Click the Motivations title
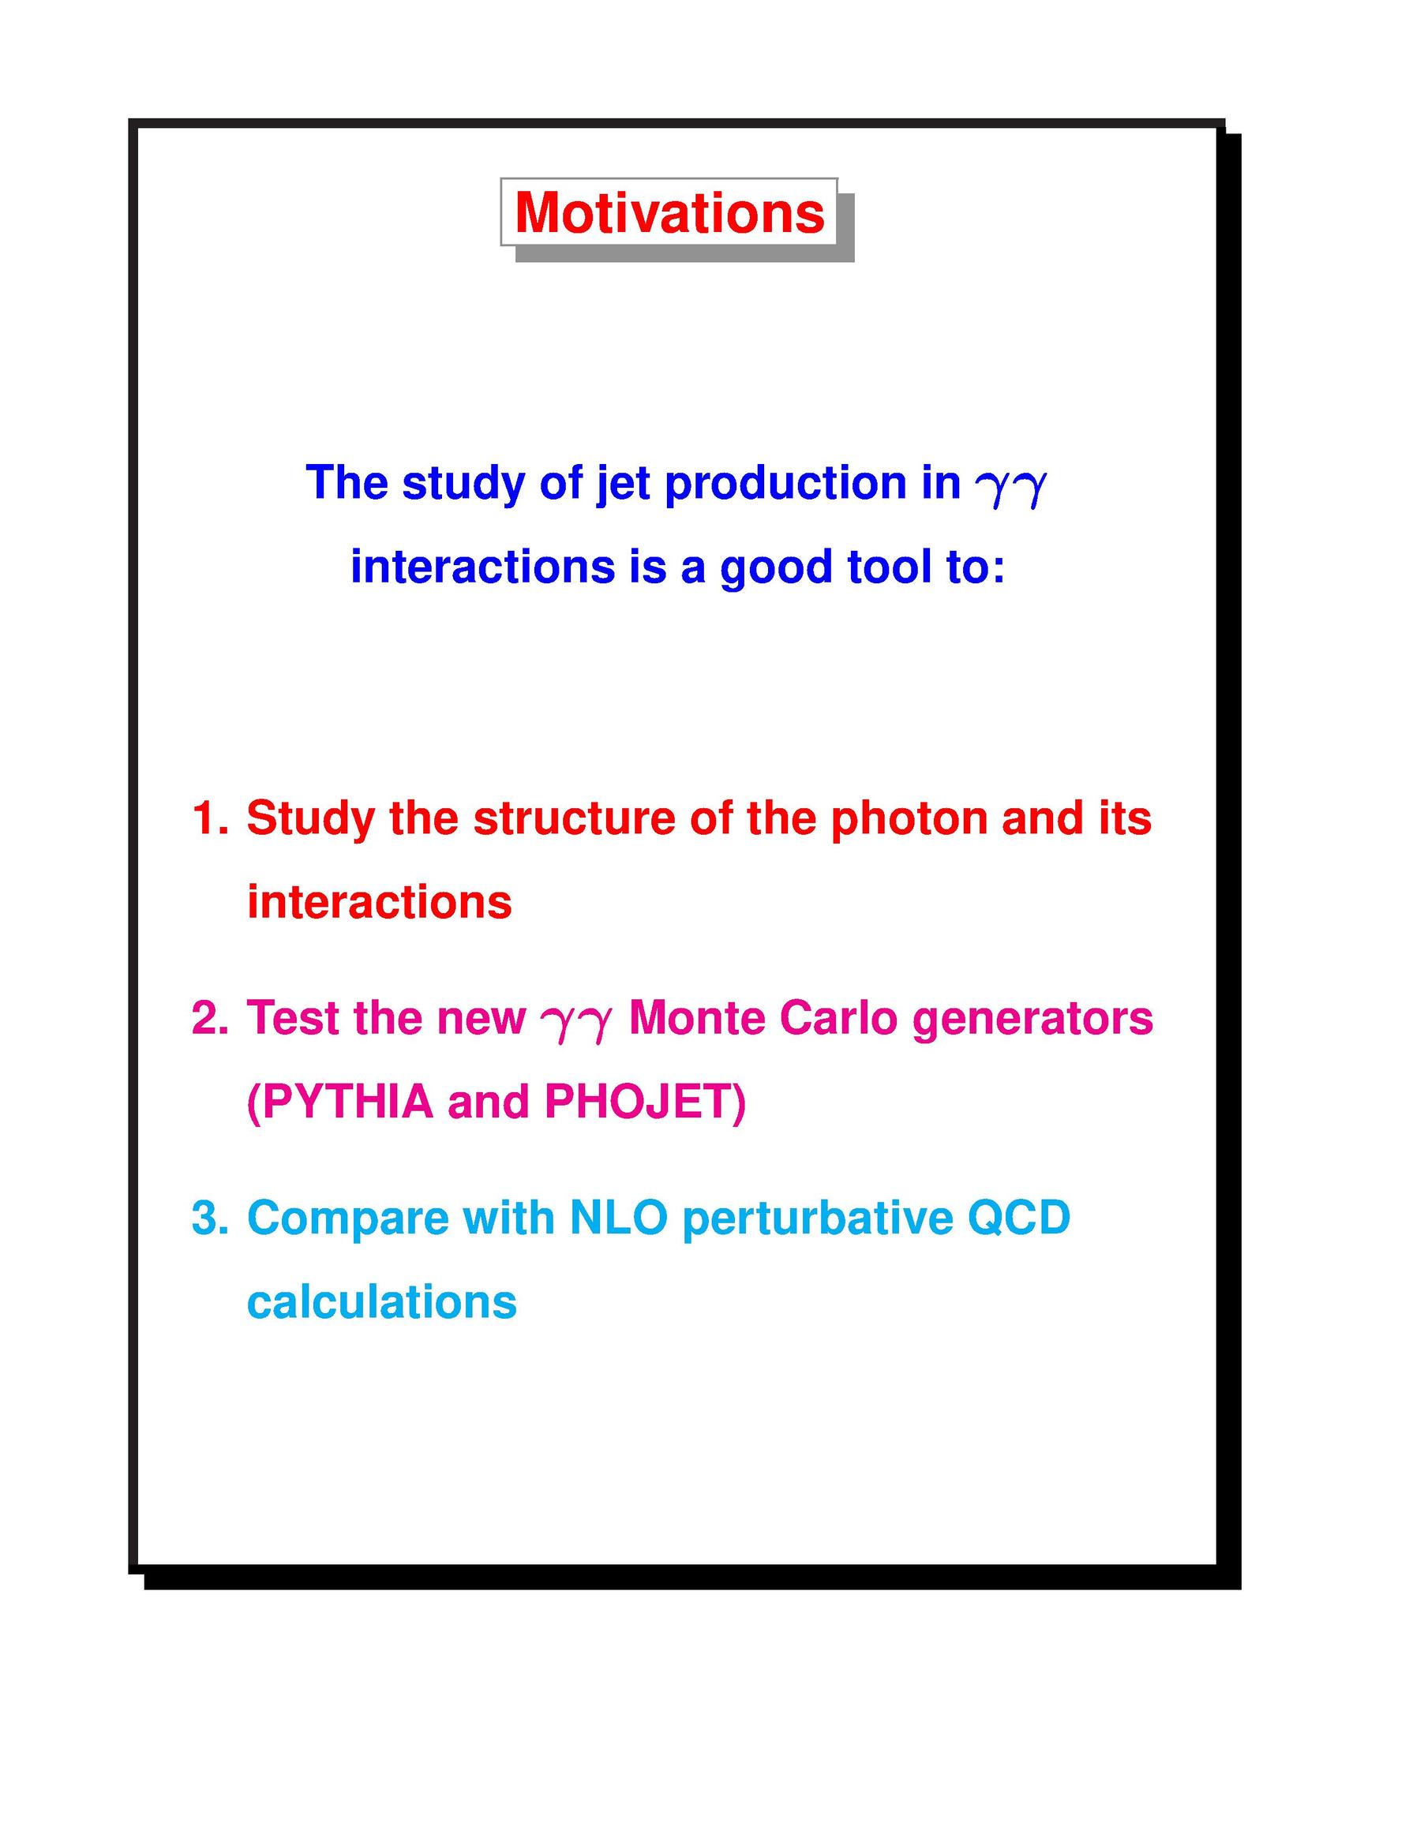pyautogui.click(x=669, y=212)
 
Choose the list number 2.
pyautogui.click(x=209, y=1017)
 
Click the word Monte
pyautogui.click(x=697, y=1017)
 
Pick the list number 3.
pyautogui.click(x=209, y=1218)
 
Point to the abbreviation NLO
pyautogui.click(x=619, y=1218)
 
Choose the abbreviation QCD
pyautogui.click(x=1018, y=1218)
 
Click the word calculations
pyautogui.click(x=382, y=1301)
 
